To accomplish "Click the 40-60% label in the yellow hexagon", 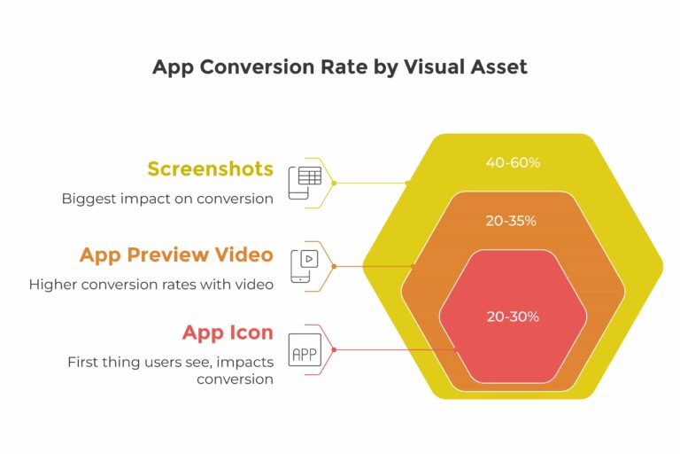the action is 513,163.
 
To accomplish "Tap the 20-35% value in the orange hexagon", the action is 511,221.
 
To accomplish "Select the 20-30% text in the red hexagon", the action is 513,317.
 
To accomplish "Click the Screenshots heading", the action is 211,169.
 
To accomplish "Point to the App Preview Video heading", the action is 176,255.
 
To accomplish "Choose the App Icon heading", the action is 228,333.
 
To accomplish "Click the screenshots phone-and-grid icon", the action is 305,183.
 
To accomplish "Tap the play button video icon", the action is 305,266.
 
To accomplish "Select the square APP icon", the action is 305,349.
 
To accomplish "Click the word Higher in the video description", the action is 53,285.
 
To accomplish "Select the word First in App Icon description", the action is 83,362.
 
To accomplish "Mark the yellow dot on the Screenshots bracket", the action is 334,184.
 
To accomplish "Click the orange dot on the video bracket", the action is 334,266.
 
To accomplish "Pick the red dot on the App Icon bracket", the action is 334,349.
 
